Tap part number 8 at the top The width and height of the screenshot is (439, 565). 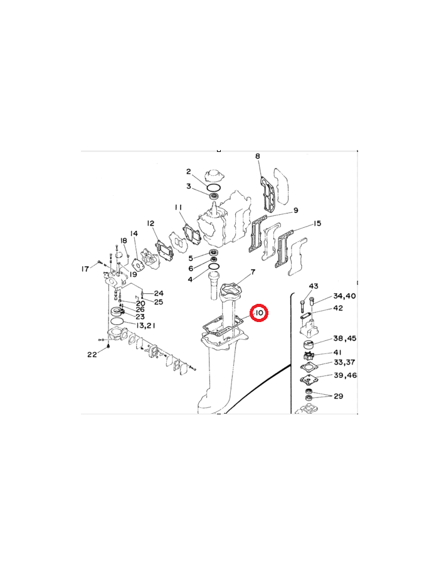[x=258, y=156]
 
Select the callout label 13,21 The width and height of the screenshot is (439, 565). [x=145, y=325]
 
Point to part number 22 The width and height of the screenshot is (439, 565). [x=92, y=355]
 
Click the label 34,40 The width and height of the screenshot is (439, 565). [x=344, y=296]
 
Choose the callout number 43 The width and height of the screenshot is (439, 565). [x=314, y=286]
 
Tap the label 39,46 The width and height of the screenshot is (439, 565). [x=345, y=375]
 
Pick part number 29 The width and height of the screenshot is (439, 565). [x=338, y=396]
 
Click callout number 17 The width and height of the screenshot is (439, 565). [x=85, y=269]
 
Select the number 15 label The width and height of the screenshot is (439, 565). [x=317, y=223]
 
